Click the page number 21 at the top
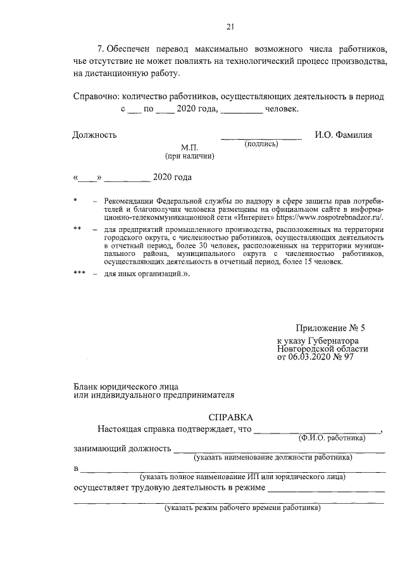pos(230,26)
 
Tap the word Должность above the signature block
pos(94,135)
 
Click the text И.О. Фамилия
pos(344,135)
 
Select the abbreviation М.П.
pos(190,147)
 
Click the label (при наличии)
pos(190,155)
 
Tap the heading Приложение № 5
pos(331,329)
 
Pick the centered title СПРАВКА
pos(230,417)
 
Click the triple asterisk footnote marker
pos(79,274)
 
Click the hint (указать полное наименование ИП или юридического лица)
pos(243,476)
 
